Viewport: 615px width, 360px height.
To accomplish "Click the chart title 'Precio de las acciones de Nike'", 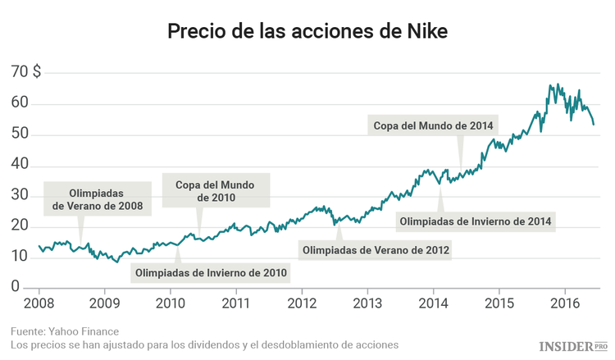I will tap(307, 31).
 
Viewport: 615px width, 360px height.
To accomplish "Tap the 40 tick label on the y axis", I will tap(20, 165).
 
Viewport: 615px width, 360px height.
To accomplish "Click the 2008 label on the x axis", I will tap(39, 303).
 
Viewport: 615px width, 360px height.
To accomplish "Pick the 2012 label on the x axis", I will tap(302, 303).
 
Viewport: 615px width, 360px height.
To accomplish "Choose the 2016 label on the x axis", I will tap(565, 303).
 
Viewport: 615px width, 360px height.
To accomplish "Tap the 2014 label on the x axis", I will tap(434, 303).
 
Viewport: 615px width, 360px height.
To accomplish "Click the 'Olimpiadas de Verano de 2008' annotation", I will tap(97, 198).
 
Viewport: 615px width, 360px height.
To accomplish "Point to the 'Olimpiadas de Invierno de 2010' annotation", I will tap(212, 272).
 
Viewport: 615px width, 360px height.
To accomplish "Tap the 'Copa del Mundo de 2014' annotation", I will tap(433, 126).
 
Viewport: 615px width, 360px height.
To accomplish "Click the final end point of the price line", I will tap(594, 124).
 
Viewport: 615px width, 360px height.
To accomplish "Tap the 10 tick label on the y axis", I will tap(20, 257).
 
